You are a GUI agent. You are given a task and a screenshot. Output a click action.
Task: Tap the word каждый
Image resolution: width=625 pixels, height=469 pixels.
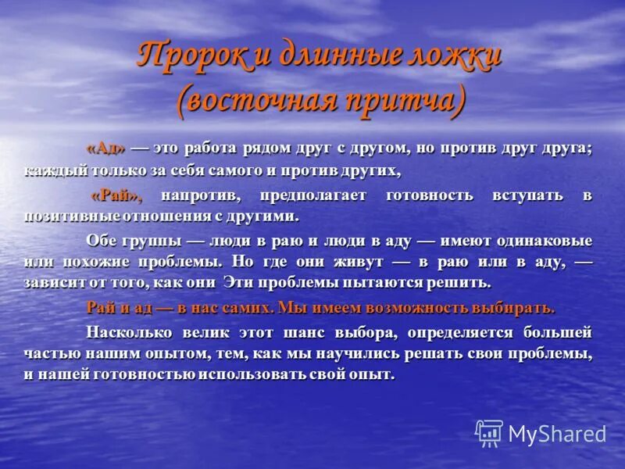pyautogui.click(x=52, y=170)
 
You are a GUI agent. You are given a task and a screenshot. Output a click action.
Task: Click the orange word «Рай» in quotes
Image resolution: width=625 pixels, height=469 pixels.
pyautogui.click(x=116, y=195)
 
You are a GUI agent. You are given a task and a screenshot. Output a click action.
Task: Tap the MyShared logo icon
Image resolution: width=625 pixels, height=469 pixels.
pyautogui.click(x=489, y=433)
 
